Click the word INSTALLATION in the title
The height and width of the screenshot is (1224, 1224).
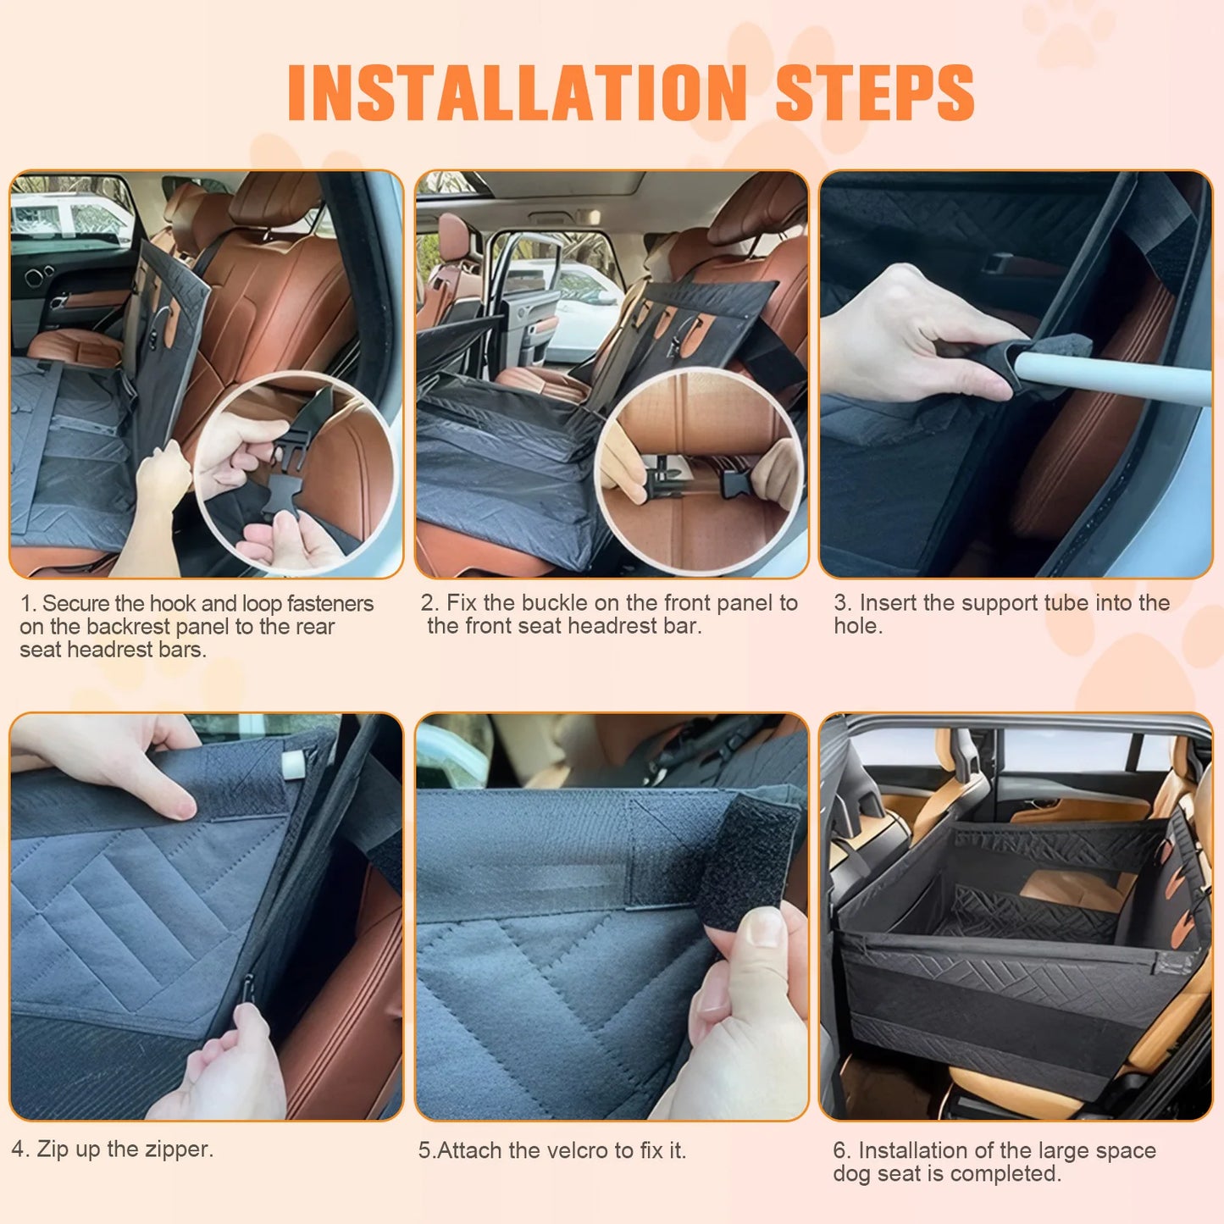coord(517,92)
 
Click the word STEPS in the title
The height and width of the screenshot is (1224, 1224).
coord(874,92)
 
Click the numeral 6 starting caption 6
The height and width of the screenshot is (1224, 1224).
coord(839,1150)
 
